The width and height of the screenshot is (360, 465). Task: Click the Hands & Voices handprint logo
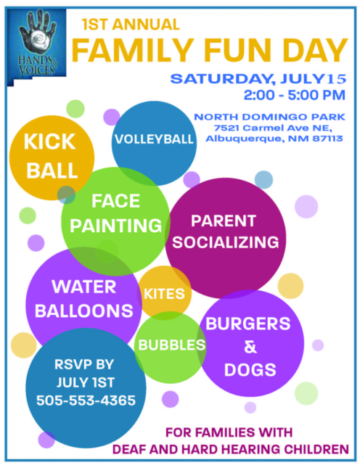pos(36,46)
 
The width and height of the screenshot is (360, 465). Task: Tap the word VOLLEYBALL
pos(154,139)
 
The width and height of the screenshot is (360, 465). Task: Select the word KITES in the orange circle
pos(164,294)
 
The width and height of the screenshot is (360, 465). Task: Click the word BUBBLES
pos(172,345)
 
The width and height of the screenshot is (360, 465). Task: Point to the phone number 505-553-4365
pos(86,400)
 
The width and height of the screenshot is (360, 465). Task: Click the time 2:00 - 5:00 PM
pos(295,95)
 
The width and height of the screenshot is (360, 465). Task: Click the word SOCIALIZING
pos(226,242)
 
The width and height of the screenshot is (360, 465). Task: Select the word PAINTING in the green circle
pos(115,226)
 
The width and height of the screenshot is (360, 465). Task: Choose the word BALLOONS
pos(84,310)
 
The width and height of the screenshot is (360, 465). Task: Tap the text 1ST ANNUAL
pos(131,25)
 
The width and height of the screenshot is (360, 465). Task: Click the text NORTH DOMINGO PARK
pos(270,117)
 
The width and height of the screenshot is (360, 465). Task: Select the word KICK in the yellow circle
pos(49,141)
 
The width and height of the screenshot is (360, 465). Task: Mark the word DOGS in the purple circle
pos(250,370)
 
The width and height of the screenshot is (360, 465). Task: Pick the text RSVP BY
pos(84,364)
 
